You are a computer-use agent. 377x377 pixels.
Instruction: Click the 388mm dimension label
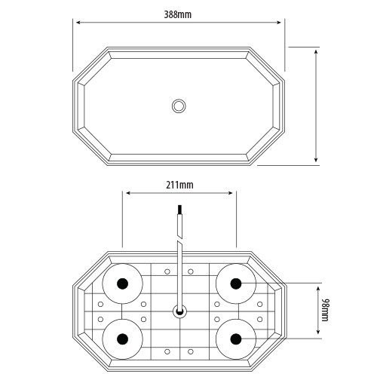(x=178, y=14)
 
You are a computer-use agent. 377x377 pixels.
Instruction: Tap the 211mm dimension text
(x=179, y=185)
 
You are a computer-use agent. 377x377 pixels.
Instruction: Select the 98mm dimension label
(x=325, y=310)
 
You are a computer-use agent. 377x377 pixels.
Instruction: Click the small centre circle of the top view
(x=179, y=106)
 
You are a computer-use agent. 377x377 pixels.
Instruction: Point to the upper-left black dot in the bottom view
(x=123, y=284)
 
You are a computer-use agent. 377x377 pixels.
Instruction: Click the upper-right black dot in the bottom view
(x=236, y=284)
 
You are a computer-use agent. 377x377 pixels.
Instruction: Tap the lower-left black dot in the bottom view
(x=123, y=339)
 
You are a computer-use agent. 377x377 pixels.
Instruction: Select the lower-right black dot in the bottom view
(x=236, y=339)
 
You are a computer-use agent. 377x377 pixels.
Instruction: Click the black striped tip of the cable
(x=179, y=209)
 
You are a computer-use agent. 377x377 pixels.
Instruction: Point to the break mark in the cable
(x=179, y=239)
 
